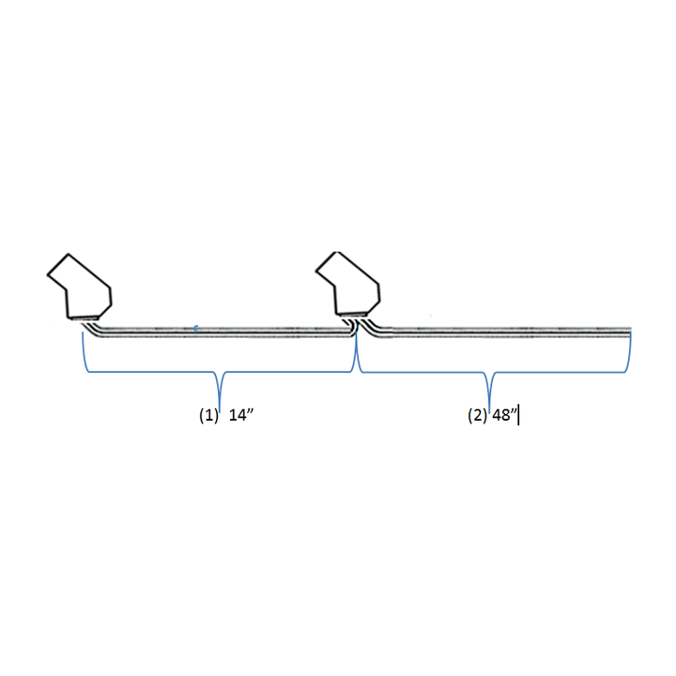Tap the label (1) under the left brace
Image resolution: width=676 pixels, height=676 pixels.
pos(208,415)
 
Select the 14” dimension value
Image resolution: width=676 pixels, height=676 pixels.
pos(241,415)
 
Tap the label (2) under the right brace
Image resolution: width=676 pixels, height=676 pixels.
pos(478,415)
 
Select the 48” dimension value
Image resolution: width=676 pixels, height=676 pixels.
pos(504,415)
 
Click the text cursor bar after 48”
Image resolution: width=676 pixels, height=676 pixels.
pos(518,414)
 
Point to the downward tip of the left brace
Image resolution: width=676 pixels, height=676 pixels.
pos(220,412)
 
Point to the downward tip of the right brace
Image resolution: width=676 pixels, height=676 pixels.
pos(489,409)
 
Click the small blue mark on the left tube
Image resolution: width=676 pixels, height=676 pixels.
pos(195,329)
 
